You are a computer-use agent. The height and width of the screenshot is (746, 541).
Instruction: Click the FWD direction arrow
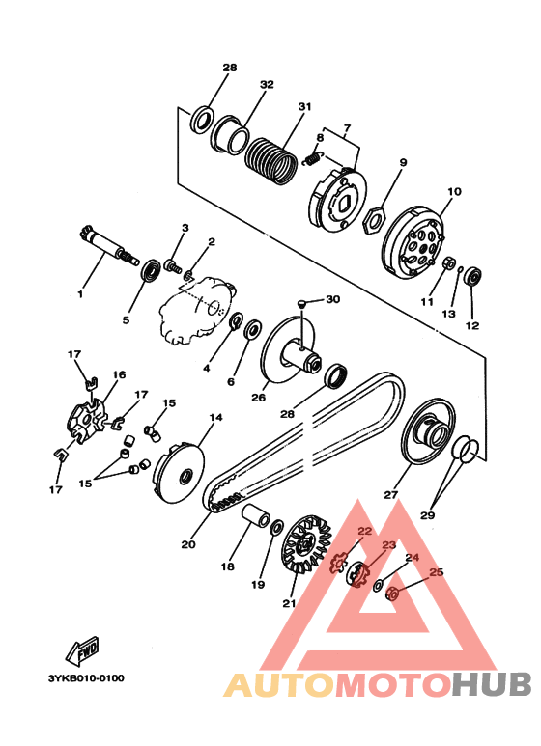[x=83, y=650]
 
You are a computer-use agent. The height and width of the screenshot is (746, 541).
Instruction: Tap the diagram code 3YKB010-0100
[x=86, y=678]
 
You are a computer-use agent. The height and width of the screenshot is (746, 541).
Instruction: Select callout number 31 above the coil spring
[x=304, y=106]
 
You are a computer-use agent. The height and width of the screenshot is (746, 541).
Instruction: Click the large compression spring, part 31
[x=270, y=161]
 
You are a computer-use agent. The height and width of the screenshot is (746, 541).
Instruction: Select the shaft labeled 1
[x=108, y=245]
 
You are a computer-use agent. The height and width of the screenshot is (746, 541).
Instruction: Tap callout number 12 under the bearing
[x=472, y=326]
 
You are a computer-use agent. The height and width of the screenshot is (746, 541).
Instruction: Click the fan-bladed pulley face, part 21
[x=303, y=543]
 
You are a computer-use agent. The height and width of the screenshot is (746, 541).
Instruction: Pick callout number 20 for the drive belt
[x=188, y=543]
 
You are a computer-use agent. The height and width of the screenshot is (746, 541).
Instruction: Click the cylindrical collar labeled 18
[x=257, y=516]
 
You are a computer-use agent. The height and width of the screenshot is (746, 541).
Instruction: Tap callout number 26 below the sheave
[x=259, y=398]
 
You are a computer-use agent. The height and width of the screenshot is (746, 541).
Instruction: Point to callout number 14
[x=215, y=417]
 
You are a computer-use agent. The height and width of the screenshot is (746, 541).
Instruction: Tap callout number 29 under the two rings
[x=427, y=514]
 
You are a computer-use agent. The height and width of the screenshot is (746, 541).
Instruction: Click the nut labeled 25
[x=391, y=594]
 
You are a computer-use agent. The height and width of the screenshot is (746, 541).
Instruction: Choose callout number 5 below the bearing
[x=126, y=320]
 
